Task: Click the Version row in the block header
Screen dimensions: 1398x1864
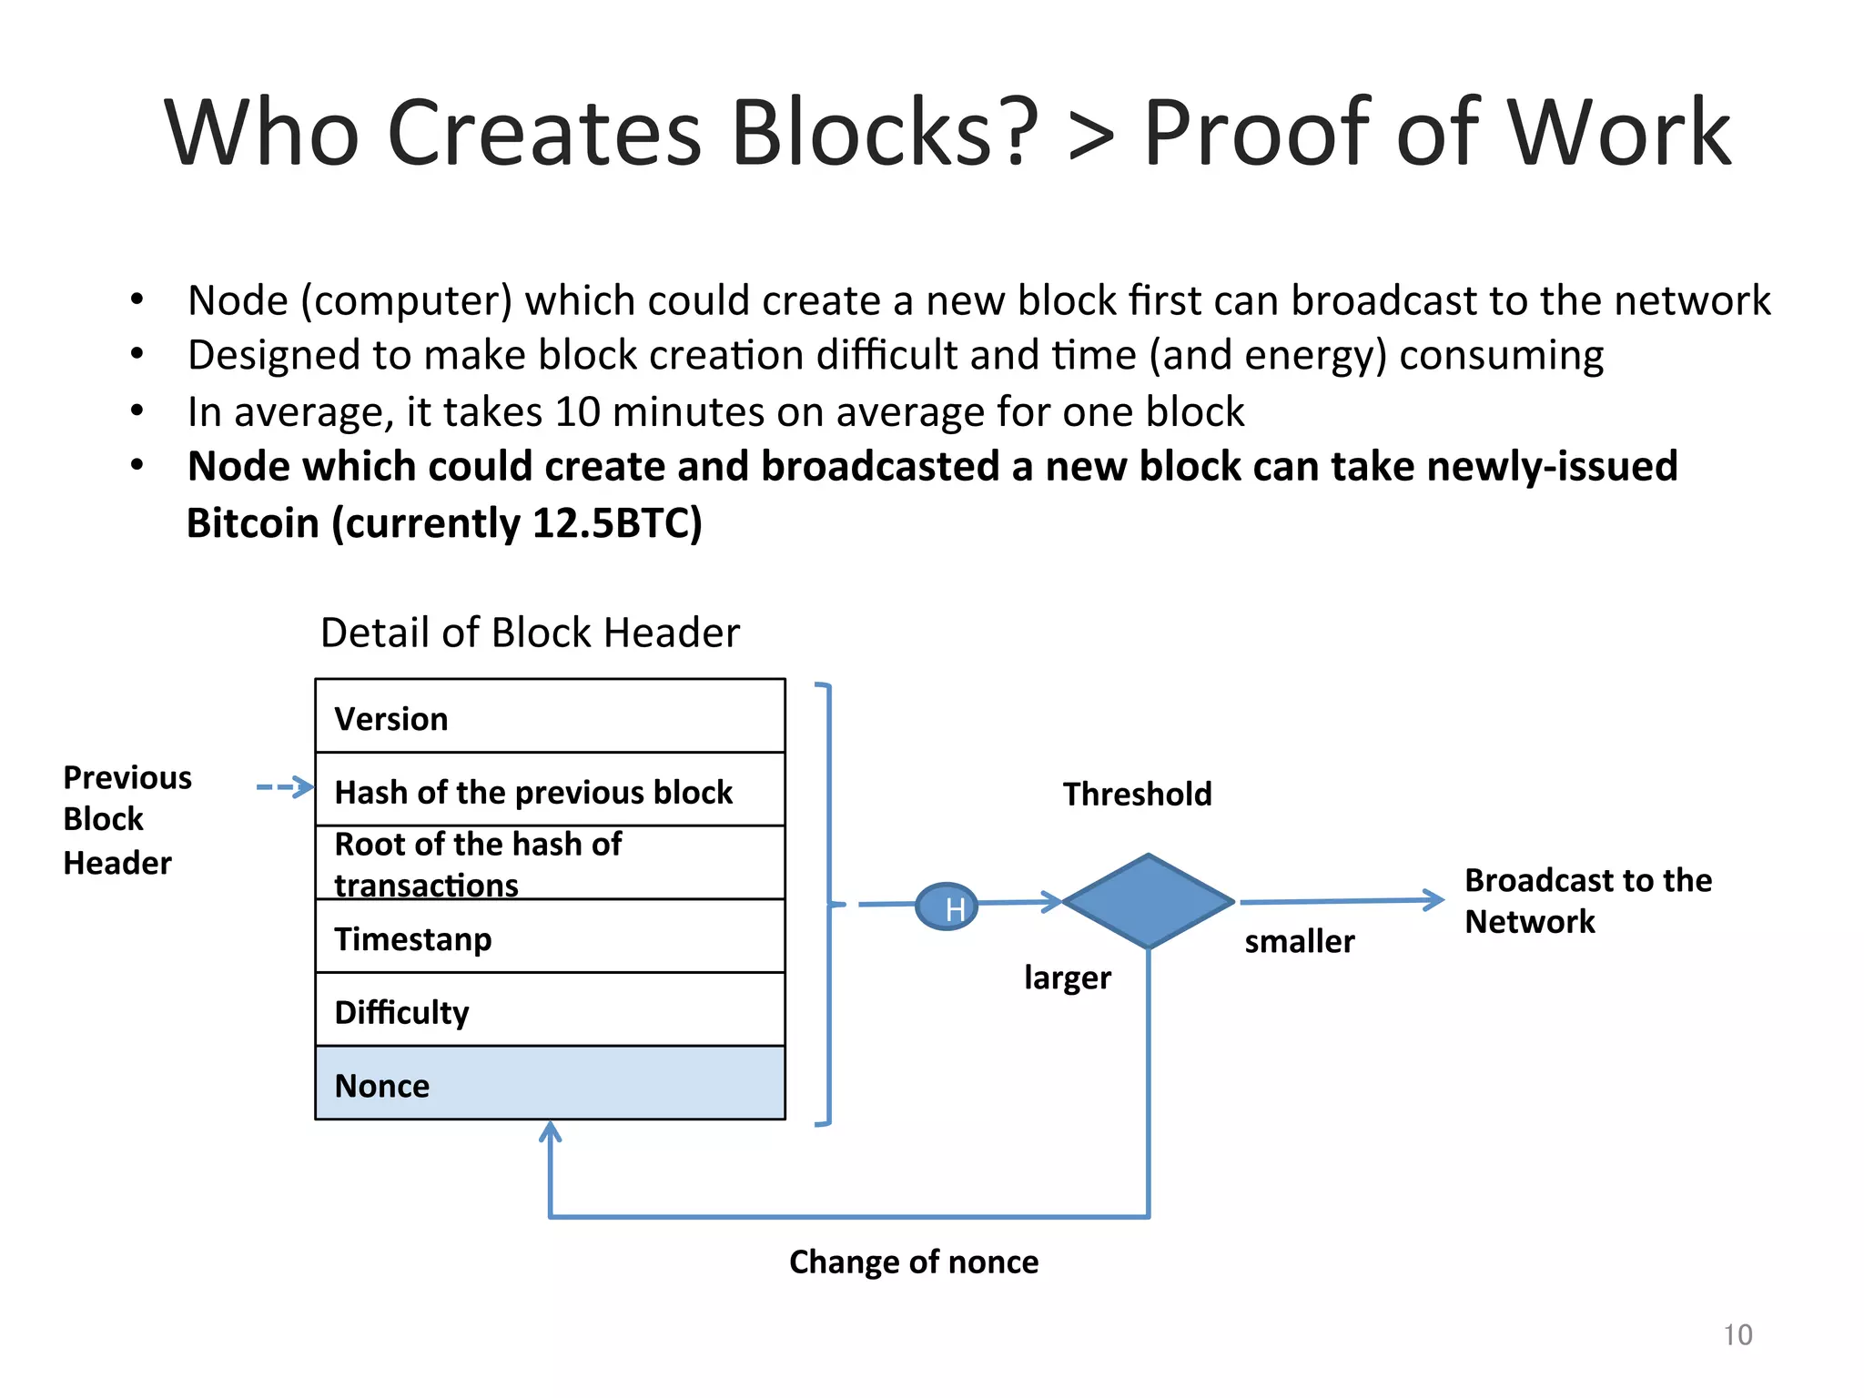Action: click(550, 717)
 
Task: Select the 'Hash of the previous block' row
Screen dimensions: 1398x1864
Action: click(550, 790)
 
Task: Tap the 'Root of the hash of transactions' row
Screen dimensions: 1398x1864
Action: click(550, 863)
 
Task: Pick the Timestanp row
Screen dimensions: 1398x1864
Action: click(550, 937)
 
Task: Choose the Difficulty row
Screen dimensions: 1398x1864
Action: click(550, 1010)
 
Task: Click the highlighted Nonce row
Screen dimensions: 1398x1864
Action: click(550, 1083)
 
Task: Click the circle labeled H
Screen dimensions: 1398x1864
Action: click(947, 907)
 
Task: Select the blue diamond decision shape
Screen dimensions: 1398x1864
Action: click(1148, 901)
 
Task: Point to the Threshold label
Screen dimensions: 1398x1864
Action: click(1137, 794)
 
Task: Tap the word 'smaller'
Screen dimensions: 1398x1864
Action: click(1299, 941)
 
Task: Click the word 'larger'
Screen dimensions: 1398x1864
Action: click(1067, 978)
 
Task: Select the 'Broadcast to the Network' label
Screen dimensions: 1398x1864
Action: click(1587, 900)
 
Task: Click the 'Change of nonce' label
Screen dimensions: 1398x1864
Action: click(913, 1261)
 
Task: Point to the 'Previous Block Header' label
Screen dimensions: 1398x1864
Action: click(127, 819)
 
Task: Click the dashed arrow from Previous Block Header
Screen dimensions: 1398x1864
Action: click(284, 787)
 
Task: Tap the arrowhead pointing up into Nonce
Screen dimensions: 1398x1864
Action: click(550, 1132)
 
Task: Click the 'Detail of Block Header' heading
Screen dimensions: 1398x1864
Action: click(530, 633)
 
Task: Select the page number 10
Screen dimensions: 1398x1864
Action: click(1737, 1334)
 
